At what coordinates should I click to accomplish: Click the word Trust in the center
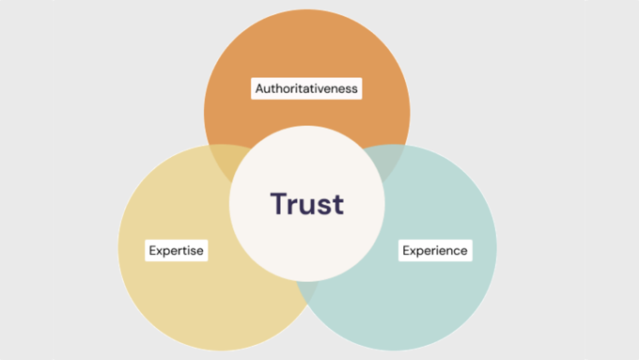(306, 203)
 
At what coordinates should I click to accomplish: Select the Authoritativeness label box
(307, 88)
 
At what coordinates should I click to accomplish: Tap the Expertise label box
(177, 250)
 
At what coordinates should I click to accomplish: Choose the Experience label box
(434, 250)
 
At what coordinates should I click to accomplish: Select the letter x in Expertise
(159, 251)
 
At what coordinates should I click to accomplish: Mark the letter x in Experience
(414, 251)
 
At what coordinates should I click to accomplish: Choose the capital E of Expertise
(152, 250)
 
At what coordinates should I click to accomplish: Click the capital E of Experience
(407, 250)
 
